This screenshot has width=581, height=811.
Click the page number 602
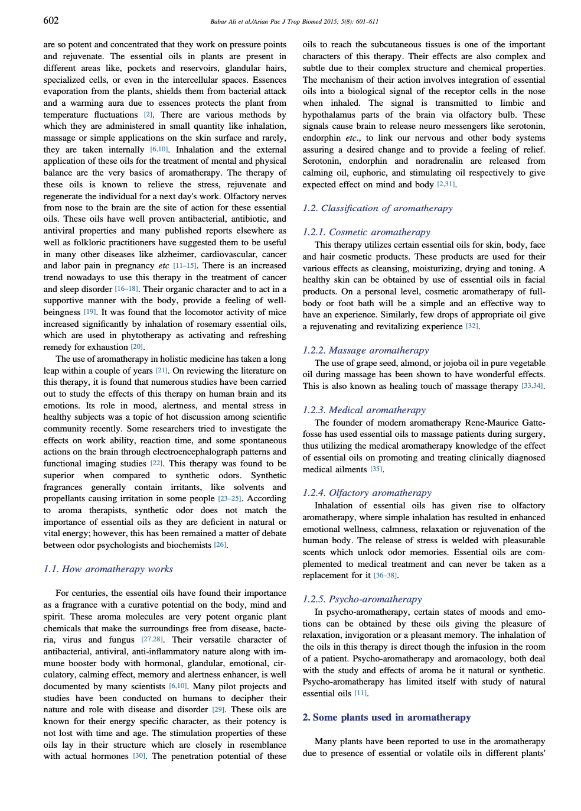(51, 21)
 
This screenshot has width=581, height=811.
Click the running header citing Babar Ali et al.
(294, 22)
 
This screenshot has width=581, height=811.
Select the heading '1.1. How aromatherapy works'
(108, 569)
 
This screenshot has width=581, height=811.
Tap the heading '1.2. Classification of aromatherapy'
(377, 208)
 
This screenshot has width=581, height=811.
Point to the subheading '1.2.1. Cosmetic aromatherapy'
(366, 232)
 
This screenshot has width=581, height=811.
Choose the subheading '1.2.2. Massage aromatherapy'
(365, 351)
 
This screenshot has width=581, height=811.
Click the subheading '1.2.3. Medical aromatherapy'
(364, 410)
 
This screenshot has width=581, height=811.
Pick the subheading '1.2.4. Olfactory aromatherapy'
(367, 493)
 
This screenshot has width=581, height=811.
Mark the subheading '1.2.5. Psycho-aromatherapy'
(362, 599)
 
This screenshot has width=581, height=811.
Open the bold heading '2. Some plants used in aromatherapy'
(386, 718)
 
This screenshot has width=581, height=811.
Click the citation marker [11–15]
(185, 266)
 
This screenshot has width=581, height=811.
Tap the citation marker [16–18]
(126, 289)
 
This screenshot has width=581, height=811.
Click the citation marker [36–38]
(386, 576)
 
